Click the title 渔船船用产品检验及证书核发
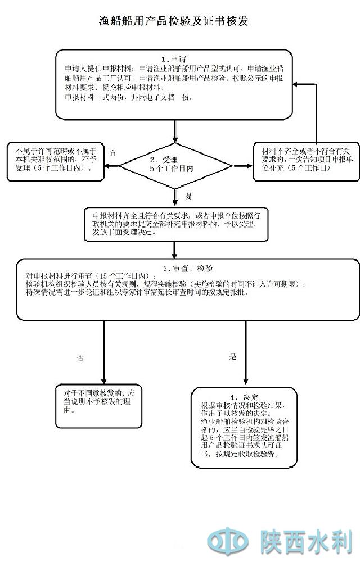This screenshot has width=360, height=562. point(173,22)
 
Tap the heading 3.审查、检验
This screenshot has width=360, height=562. point(187,268)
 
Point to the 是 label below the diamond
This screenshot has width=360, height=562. point(189,196)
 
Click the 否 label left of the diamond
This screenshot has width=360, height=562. point(112,152)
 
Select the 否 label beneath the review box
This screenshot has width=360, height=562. point(80,357)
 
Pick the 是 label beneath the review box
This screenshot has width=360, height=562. point(233,357)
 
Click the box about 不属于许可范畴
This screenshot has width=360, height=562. point(55,160)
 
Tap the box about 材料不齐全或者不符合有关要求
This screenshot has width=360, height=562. point(305,160)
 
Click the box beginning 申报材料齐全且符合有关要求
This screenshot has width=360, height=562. point(175,224)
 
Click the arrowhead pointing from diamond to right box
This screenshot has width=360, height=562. point(247,165)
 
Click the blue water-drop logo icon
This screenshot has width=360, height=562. point(228,542)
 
